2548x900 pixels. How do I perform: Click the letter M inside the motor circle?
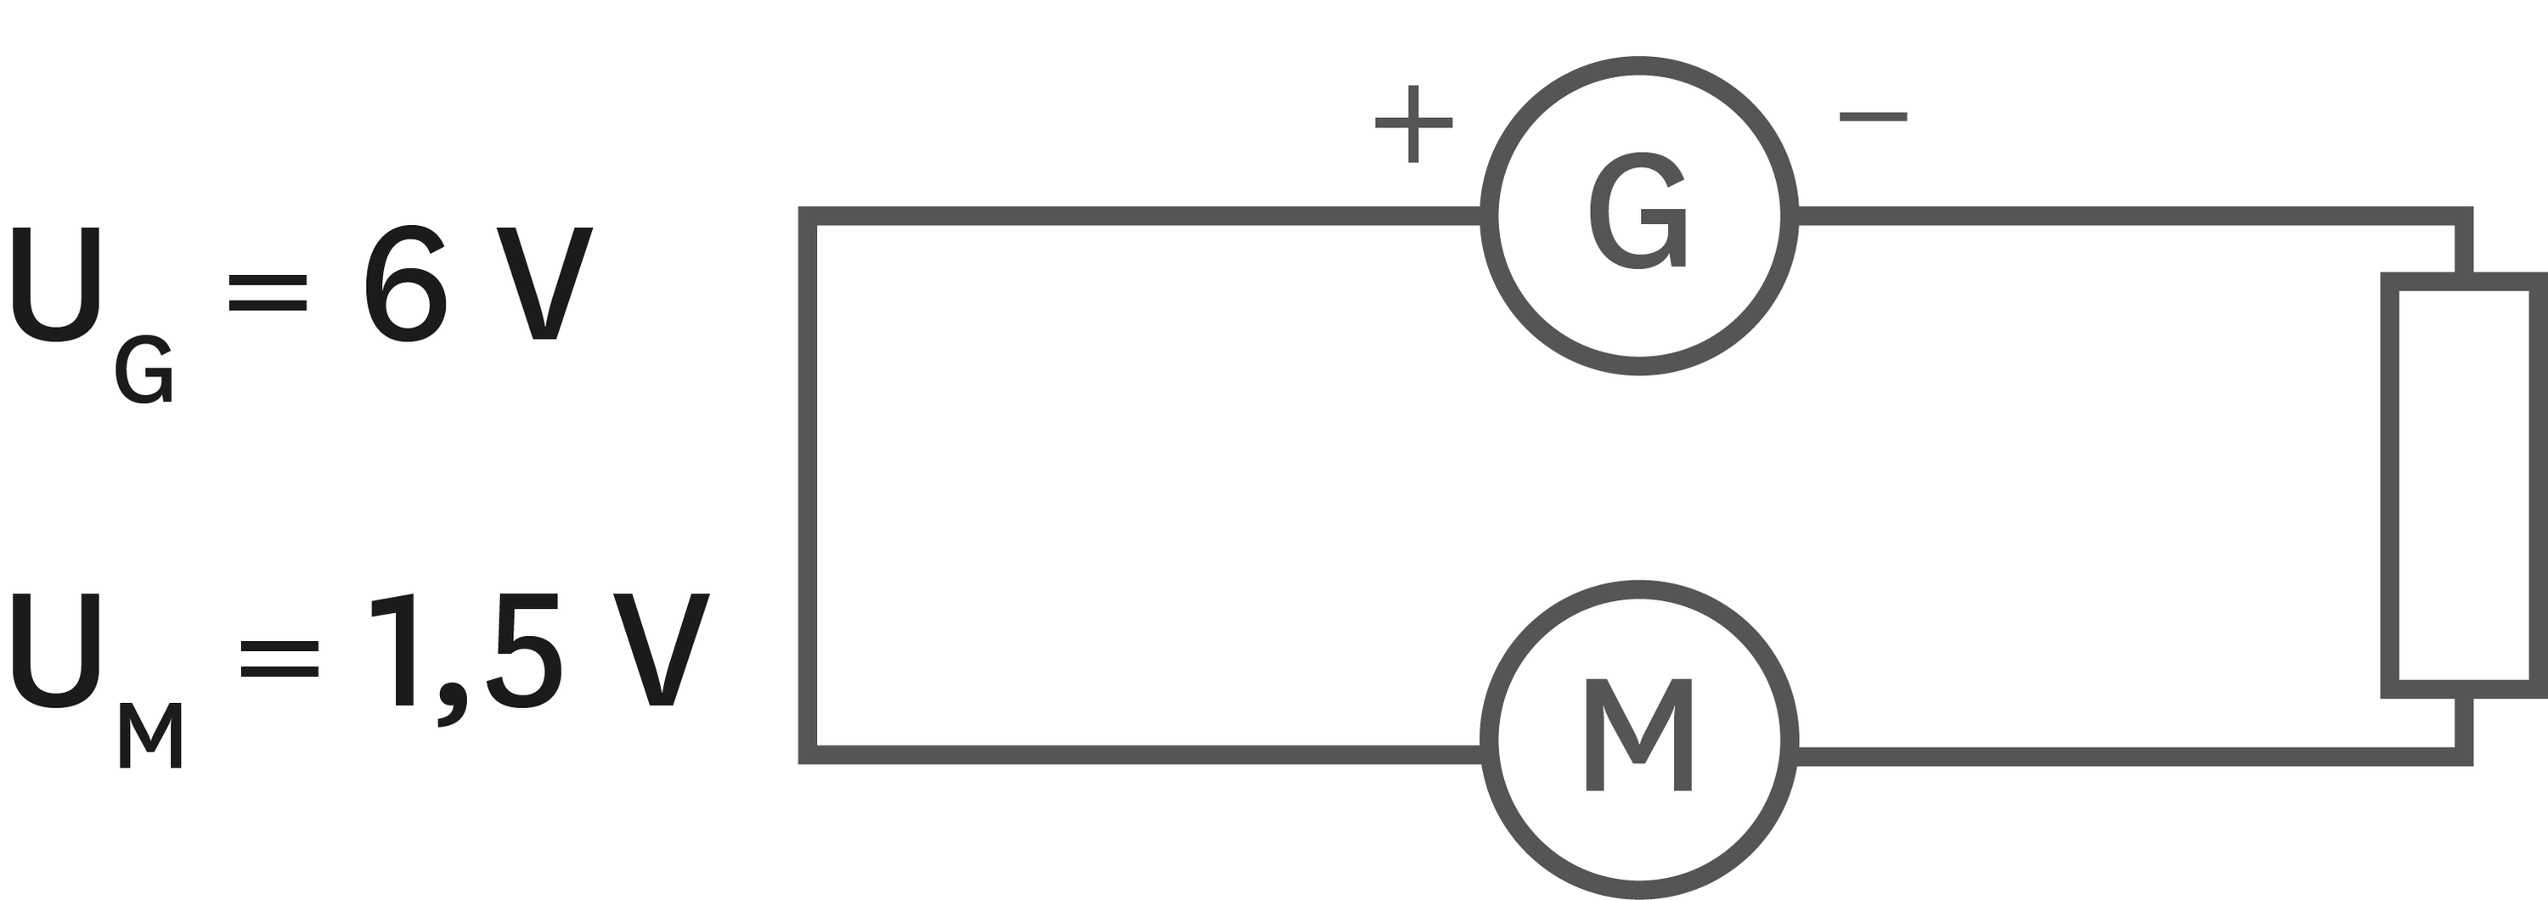pyautogui.click(x=1639, y=734)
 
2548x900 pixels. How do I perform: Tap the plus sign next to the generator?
pyautogui.click(x=1413, y=124)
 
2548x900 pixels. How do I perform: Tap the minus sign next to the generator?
pyautogui.click(x=1873, y=116)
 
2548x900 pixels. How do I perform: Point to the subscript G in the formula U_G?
pyautogui.click(x=144, y=370)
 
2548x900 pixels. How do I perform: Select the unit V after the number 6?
pyautogui.click(x=544, y=284)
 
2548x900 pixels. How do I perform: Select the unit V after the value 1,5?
pyautogui.click(x=661, y=650)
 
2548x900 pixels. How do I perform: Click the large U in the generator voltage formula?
pyautogui.click(x=56, y=284)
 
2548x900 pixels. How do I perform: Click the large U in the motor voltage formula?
pyautogui.click(x=56, y=650)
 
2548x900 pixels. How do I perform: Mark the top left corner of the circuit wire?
pyautogui.click(x=807, y=217)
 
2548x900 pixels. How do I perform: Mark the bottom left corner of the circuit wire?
pyautogui.click(x=807, y=756)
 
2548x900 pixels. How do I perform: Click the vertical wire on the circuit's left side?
pyautogui.click(x=807, y=486)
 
